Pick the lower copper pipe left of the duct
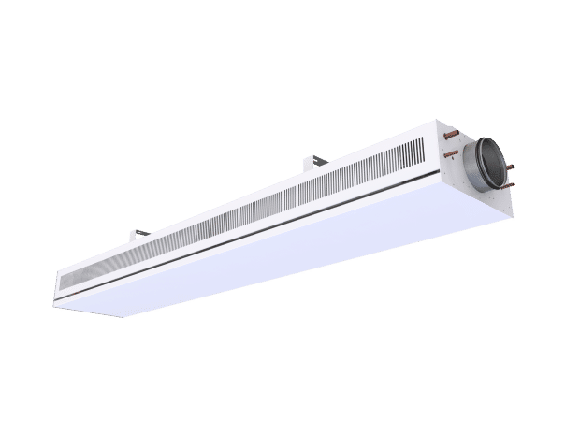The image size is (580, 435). coord(452,152)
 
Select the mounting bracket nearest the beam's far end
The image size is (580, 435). coord(139,231)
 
